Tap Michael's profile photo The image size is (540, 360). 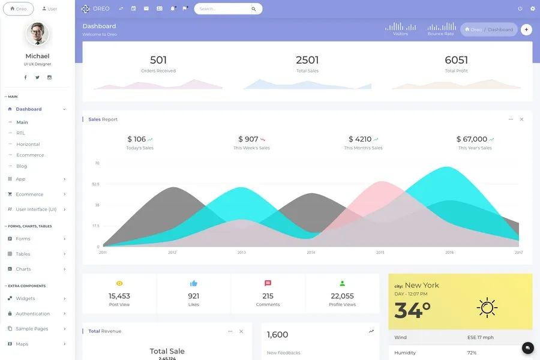pyautogui.click(x=37, y=34)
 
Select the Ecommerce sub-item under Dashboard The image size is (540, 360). pyautogui.click(x=30, y=155)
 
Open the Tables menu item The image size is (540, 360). pyautogui.click(x=23, y=254)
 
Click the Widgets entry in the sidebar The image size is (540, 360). pyautogui.click(x=25, y=298)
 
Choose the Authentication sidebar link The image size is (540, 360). pyautogui.click(x=32, y=314)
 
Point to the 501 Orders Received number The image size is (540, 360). pyautogui.click(x=158, y=60)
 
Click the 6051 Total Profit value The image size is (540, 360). pyautogui.click(x=456, y=60)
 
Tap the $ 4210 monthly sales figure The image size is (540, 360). pyautogui.click(x=359, y=139)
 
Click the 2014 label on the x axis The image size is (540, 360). pyautogui.click(x=311, y=253)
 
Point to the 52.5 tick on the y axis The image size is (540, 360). pyautogui.click(x=95, y=184)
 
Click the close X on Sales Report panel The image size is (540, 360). pyautogui.click(x=521, y=119)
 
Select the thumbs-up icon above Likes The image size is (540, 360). pyautogui.click(x=194, y=283)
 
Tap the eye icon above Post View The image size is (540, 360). pyautogui.click(x=119, y=283)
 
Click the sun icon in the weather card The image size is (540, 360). pyautogui.click(x=487, y=307)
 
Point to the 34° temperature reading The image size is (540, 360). pyautogui.click(x=412, y=310)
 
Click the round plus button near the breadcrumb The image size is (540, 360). pyautogui.click(x=526, y=29)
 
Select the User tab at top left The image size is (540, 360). pyautogui.click(x=50, y=9)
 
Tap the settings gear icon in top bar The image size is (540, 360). pyautogui.click(x=532, y=9)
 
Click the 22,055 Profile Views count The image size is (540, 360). pyautogui.click(x=342, y=296)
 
